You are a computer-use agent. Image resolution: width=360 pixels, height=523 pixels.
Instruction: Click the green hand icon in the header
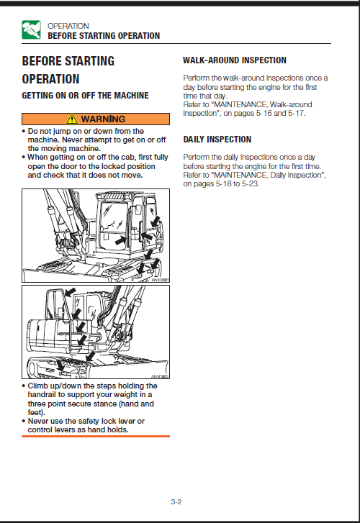[31, 29]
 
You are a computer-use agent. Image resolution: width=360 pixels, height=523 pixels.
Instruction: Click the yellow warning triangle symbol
[72, 119]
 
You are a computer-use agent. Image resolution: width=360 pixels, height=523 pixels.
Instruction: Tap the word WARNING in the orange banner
[103, 119]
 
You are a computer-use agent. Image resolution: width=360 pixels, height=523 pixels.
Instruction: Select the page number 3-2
[176, 501]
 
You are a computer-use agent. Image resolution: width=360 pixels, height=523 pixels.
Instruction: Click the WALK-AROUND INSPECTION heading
[235, 60]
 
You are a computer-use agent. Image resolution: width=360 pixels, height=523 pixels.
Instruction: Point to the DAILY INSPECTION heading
[217, 140]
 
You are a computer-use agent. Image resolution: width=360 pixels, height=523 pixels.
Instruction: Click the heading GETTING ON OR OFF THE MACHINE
[85, 96]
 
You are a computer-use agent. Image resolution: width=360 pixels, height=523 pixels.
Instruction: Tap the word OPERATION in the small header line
[68, 26]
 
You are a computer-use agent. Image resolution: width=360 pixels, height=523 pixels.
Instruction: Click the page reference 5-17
[297, 114]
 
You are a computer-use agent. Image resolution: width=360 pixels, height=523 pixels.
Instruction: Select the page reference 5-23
[251, 183]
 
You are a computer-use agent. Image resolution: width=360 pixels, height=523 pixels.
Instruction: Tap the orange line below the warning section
[96, 436]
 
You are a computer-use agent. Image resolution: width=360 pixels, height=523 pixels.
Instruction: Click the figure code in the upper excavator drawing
[160, 280]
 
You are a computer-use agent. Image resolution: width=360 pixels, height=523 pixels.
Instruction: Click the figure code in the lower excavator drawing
[160, 376]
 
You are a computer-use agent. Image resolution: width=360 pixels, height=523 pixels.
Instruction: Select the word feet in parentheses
[35, 412]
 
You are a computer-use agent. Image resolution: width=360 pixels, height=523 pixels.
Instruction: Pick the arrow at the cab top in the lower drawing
[70, 293]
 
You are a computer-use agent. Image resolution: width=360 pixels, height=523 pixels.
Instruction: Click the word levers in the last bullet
[63, 429]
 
